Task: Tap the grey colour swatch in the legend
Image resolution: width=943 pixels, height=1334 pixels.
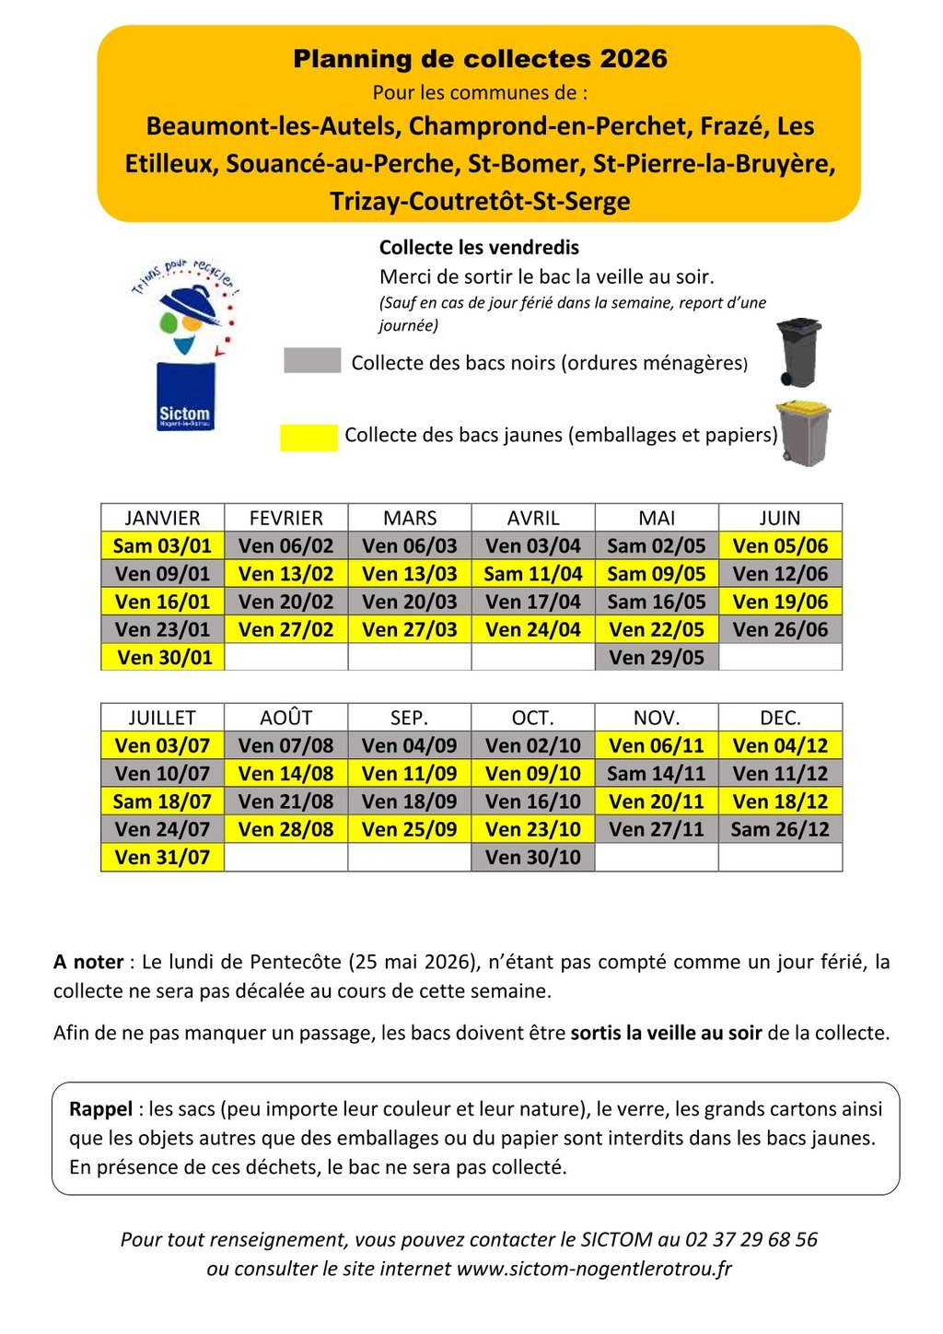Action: point(312,360)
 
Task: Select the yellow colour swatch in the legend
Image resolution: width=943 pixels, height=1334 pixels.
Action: point(309,437)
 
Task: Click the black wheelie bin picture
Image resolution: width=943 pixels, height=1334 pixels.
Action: point(798,352)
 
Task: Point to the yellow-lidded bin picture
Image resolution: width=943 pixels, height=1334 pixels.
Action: point(803,432)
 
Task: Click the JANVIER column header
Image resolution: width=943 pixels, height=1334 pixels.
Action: point(162,518)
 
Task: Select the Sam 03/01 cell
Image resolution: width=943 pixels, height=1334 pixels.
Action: point(162,545)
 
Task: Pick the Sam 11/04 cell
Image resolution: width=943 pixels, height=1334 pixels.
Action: point(533,574)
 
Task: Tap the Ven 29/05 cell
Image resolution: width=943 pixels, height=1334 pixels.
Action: point(657,657)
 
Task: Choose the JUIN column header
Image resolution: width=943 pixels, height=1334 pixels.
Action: point(780,518)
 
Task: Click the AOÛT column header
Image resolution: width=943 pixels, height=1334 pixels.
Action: point(285,718)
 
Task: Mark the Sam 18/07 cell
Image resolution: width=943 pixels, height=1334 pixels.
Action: point(162,802)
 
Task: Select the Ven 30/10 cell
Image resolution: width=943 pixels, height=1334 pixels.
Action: point(533,857)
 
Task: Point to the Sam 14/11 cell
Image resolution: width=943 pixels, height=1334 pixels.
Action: point(657,774)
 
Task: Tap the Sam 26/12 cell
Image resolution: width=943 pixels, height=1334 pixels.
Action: point(780,829)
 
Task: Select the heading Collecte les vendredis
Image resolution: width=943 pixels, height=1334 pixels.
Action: point(479,247)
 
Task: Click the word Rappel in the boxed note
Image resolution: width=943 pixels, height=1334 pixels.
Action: point(101,1109)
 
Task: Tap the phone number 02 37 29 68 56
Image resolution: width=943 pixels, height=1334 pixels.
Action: point(751,1239)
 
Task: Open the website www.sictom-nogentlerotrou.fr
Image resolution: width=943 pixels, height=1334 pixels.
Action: point(594,1269)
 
